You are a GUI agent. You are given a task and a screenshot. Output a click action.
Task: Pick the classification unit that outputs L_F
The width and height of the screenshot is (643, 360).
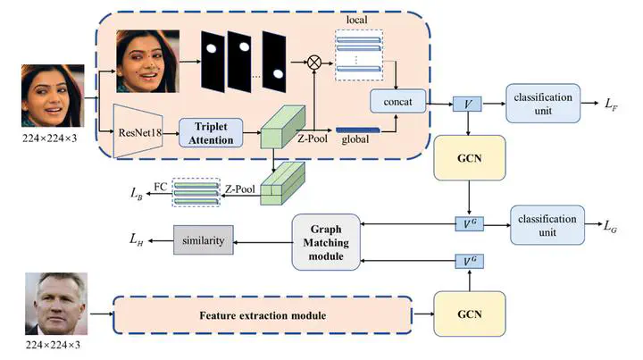[543, 103]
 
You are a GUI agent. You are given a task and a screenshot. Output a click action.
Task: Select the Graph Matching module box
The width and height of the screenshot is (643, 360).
[330, 242]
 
